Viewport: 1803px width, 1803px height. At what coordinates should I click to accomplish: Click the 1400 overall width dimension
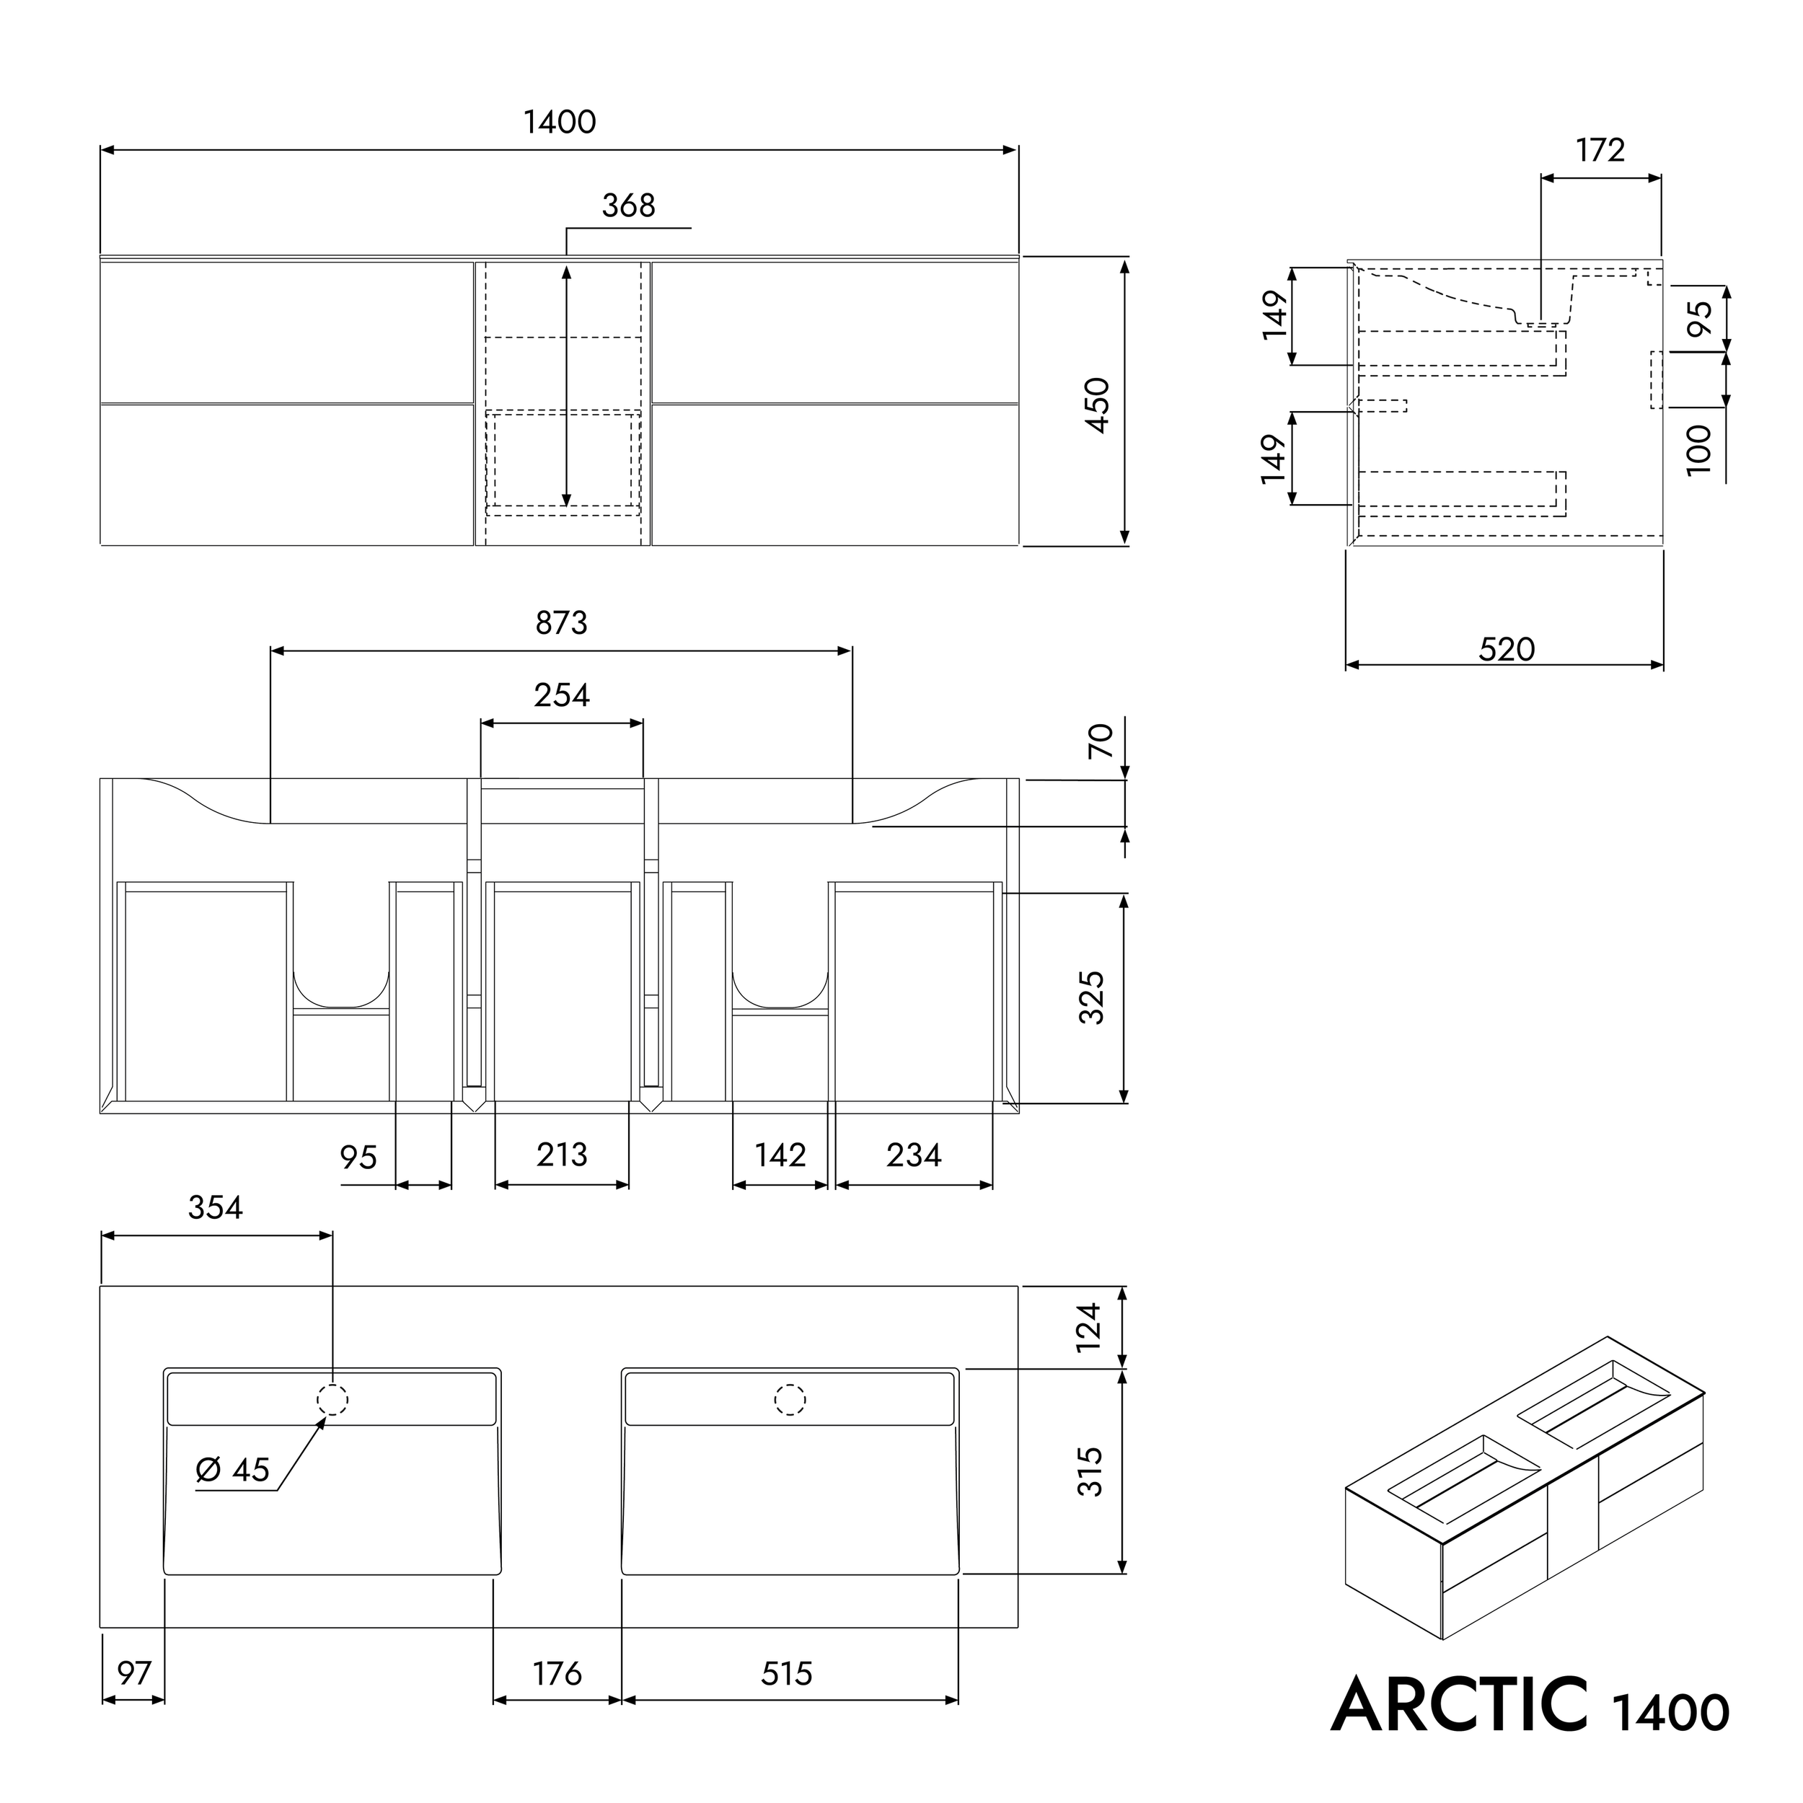[x=559, y=123]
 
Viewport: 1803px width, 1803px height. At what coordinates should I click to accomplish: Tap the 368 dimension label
[x=628, y=206]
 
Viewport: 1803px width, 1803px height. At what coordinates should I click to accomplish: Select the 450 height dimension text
[x=1098, y=405]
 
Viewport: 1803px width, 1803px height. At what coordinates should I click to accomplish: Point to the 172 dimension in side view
[x=1600, y=150]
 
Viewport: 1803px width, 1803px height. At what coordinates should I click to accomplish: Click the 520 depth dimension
[x=1507, y=648]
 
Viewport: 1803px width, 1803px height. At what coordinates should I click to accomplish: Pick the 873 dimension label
[x=561, y=622]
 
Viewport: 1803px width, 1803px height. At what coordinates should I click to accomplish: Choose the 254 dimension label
[x=561, y=695]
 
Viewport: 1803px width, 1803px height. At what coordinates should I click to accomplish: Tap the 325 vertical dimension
[x=1092, y=997]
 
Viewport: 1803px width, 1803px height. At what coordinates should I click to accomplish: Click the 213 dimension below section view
[x=561, y=1155]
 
